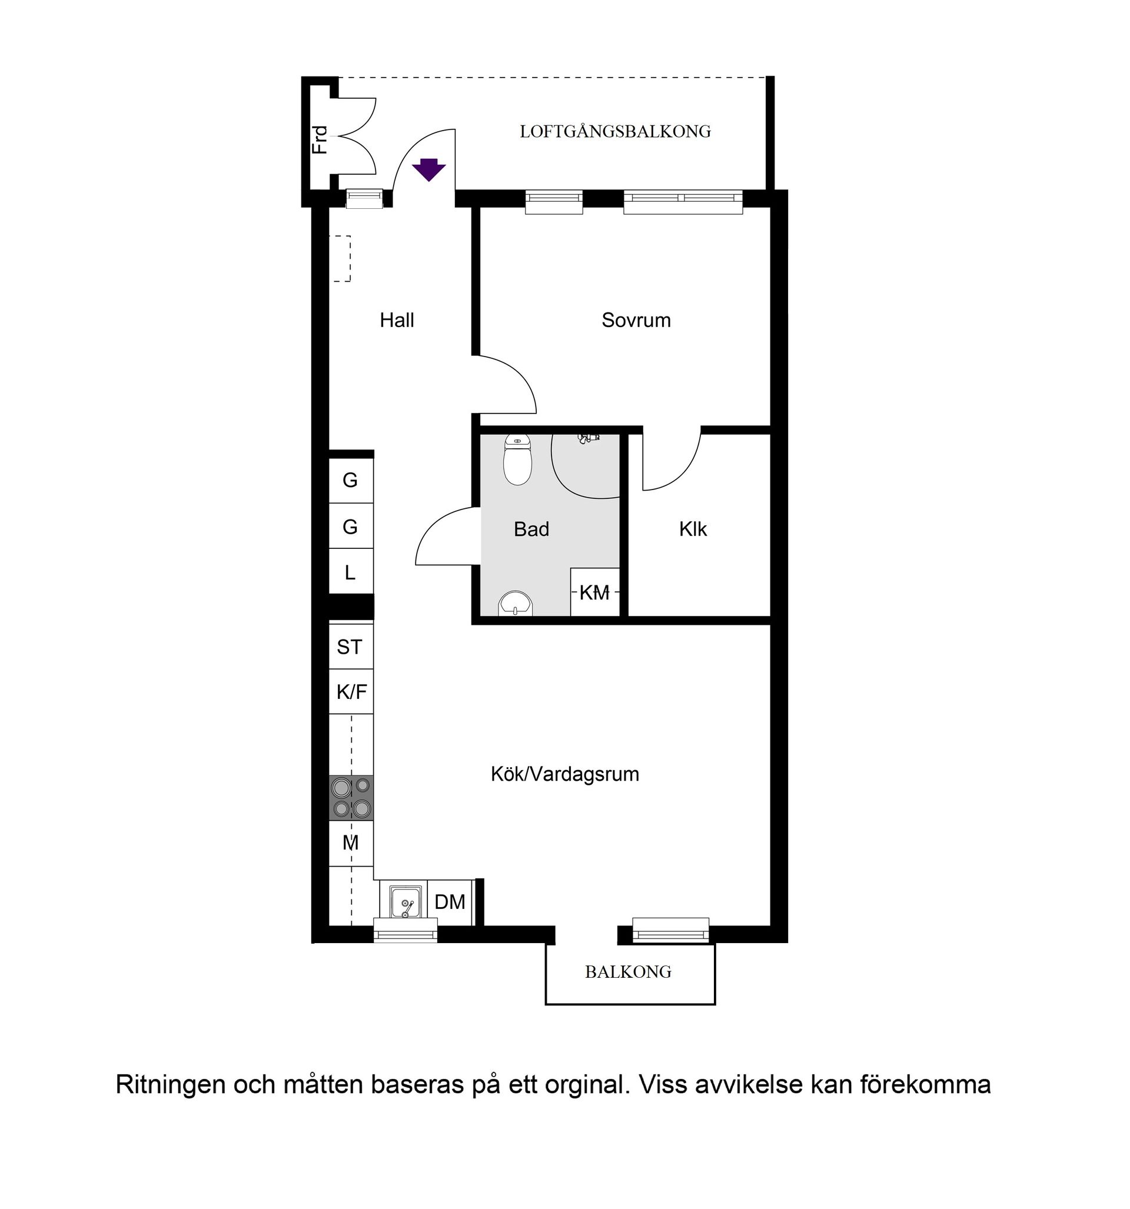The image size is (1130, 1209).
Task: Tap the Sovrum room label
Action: tap(636, 321)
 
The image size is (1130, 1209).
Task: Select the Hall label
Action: tap(397, 321)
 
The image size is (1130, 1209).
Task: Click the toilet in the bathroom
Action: tap(517, 462)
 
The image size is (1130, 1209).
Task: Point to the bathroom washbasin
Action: tap(516, 604)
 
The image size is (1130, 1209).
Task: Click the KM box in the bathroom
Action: tap(594, 592)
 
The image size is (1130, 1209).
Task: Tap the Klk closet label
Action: tap(693, 529)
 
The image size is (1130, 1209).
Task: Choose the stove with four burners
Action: tap(351, 798)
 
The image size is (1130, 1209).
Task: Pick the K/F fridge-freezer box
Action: tap(351, 691)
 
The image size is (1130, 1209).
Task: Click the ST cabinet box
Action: tap(350, 647)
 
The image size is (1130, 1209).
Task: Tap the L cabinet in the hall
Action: tap(350, 572)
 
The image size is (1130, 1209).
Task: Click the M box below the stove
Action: tap(351, 843)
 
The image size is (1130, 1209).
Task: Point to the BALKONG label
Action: tap(628, 972)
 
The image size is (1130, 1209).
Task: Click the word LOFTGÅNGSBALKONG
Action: tap(614, 131)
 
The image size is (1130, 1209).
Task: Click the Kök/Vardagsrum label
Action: tap(564, 774)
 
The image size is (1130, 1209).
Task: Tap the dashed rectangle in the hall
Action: tap(340, 258)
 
